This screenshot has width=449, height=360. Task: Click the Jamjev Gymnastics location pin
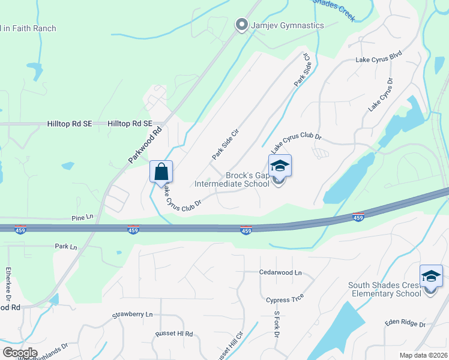241,25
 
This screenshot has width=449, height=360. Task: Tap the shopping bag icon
161,172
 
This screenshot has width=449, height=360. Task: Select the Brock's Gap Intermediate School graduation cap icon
280,166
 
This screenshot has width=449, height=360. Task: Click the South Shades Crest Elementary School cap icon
430,276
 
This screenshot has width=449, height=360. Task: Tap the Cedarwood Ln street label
280,272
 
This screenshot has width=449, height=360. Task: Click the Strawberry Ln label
132,314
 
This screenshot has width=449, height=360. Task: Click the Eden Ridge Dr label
405,323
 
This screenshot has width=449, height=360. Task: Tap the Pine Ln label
83,217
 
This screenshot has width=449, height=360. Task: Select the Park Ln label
66,247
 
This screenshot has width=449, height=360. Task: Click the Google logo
20,352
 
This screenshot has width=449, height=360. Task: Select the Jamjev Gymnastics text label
287,25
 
